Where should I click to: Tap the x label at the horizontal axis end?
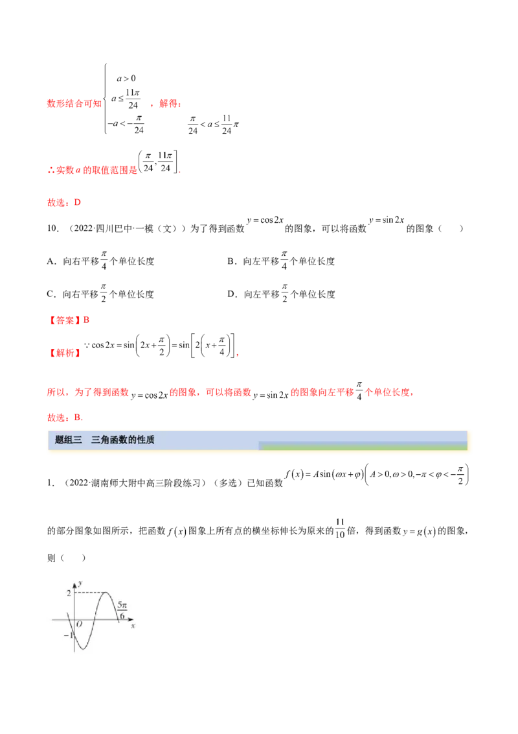click(x=133, y=627)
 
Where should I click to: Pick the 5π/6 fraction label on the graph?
click(x=122, y=610)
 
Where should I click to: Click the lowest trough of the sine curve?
click(x=83, y=648)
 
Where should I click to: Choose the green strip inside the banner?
click(x=363, y=446)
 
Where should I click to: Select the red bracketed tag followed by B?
click(x=65, y=320)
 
